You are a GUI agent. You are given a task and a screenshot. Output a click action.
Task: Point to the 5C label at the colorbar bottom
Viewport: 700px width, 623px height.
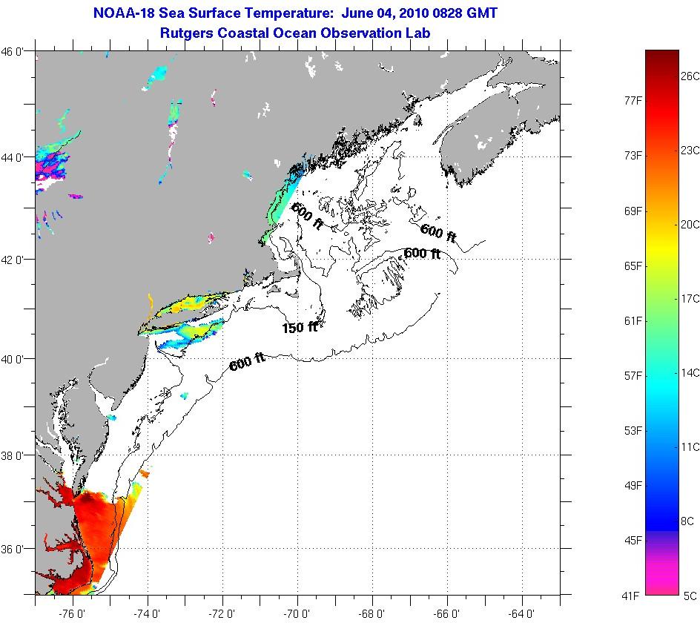coord(690,596)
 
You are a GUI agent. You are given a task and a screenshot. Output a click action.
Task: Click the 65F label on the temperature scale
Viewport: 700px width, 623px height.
coord(633,266)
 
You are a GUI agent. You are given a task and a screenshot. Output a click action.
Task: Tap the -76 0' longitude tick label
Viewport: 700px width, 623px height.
coord(74,613)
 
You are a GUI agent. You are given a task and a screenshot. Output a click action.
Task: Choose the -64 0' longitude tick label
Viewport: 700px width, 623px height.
coord(521,613)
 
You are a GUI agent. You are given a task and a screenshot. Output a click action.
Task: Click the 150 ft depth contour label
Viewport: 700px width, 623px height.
coord(300,327)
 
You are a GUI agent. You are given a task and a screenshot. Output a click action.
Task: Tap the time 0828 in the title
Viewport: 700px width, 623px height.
coord(455,13)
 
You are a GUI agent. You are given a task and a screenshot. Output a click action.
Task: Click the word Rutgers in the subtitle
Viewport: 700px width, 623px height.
coord(185,33)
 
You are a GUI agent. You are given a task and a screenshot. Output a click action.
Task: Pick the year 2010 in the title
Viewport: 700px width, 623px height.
coord(413,13)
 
